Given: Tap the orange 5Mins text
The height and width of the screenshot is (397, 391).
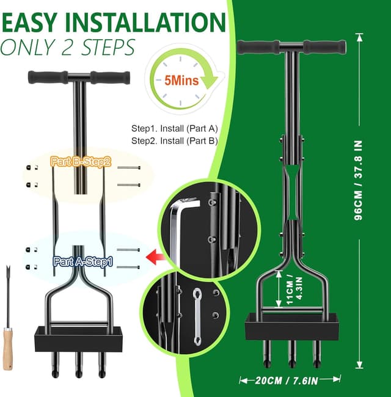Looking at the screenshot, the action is point(181,81).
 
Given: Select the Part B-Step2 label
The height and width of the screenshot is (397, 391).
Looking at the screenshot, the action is point(81,161).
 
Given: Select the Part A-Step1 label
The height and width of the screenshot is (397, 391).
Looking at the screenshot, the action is point(83,261).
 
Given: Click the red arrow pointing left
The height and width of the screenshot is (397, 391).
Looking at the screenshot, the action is point(155,257).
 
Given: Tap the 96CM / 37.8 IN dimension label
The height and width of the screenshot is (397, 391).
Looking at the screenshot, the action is point(358,180).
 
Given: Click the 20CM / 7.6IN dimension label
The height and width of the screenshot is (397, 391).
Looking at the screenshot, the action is point(287,381).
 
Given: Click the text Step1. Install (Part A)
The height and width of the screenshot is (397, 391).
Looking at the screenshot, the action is point(175,129).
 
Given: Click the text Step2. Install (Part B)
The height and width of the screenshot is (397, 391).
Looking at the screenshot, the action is point(175,140).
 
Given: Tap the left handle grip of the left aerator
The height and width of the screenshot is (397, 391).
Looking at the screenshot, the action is point(48,77).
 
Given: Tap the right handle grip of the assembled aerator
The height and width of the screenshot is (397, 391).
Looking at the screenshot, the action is point(325,47).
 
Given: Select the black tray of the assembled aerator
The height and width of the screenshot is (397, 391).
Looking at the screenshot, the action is point(292,327).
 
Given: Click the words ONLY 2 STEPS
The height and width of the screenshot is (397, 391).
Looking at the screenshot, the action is point(68,47).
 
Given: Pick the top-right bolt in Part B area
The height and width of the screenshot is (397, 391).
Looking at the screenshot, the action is point(129,167).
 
